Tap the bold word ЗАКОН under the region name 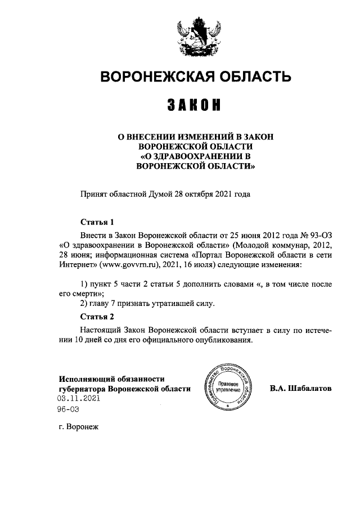pos(196,105)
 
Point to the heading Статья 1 pos(97,222)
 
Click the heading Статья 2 pos(97,316)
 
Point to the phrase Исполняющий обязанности pos(111,379)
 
